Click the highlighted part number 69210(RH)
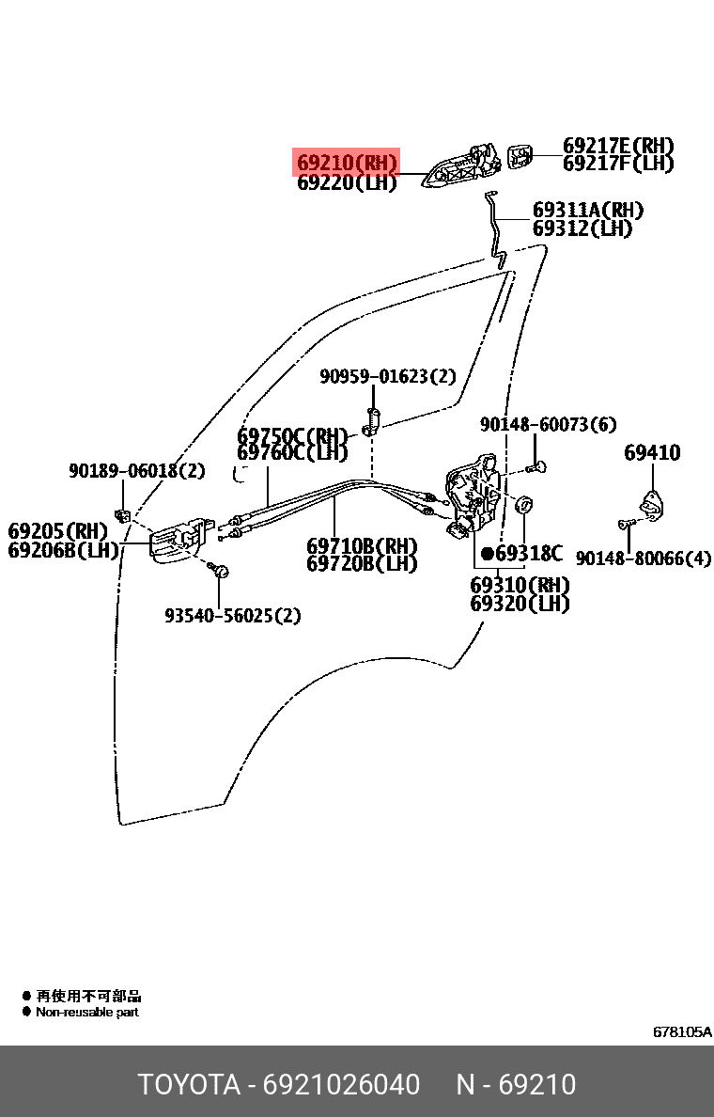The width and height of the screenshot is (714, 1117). coord(347,163)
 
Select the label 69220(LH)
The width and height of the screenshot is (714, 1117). coord(347,183)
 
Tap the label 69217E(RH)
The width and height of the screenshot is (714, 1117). coord(618,146)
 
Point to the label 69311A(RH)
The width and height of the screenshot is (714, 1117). coord(588,210)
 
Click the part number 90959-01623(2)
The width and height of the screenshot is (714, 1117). coord(387,377)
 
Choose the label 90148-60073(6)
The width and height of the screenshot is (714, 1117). coord(549,425)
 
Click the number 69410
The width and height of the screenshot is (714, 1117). coord(652,453)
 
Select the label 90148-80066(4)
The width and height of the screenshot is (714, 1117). coord(644,558)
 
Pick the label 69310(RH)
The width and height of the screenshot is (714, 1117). coord(520,585)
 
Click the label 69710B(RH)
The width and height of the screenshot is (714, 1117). coord(362,546)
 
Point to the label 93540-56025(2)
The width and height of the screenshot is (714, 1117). coord(233,616)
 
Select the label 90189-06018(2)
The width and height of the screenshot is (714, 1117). coord(136,471)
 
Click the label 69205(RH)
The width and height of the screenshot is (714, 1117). coord(58,531)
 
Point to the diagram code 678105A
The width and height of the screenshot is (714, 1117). coord(682,1031)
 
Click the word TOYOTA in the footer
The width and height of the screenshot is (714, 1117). coord(189,1084)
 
